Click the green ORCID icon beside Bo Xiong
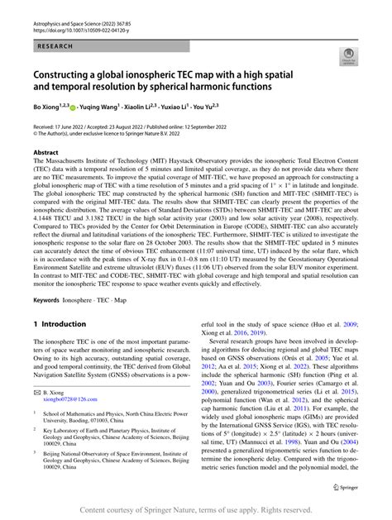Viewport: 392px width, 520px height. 74,107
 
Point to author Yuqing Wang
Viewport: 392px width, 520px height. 102,106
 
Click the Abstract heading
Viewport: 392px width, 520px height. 45,153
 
